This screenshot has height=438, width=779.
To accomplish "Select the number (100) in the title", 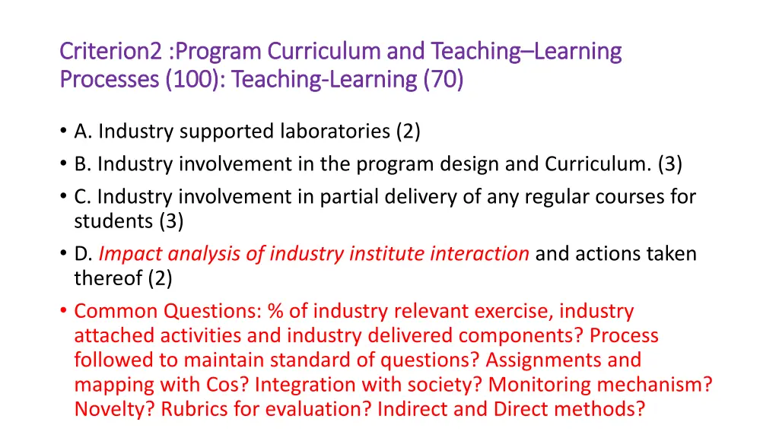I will (192, 79).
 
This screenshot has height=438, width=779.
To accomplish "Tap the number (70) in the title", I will (442, 79).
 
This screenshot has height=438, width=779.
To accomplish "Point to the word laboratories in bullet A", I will (336, 132).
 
